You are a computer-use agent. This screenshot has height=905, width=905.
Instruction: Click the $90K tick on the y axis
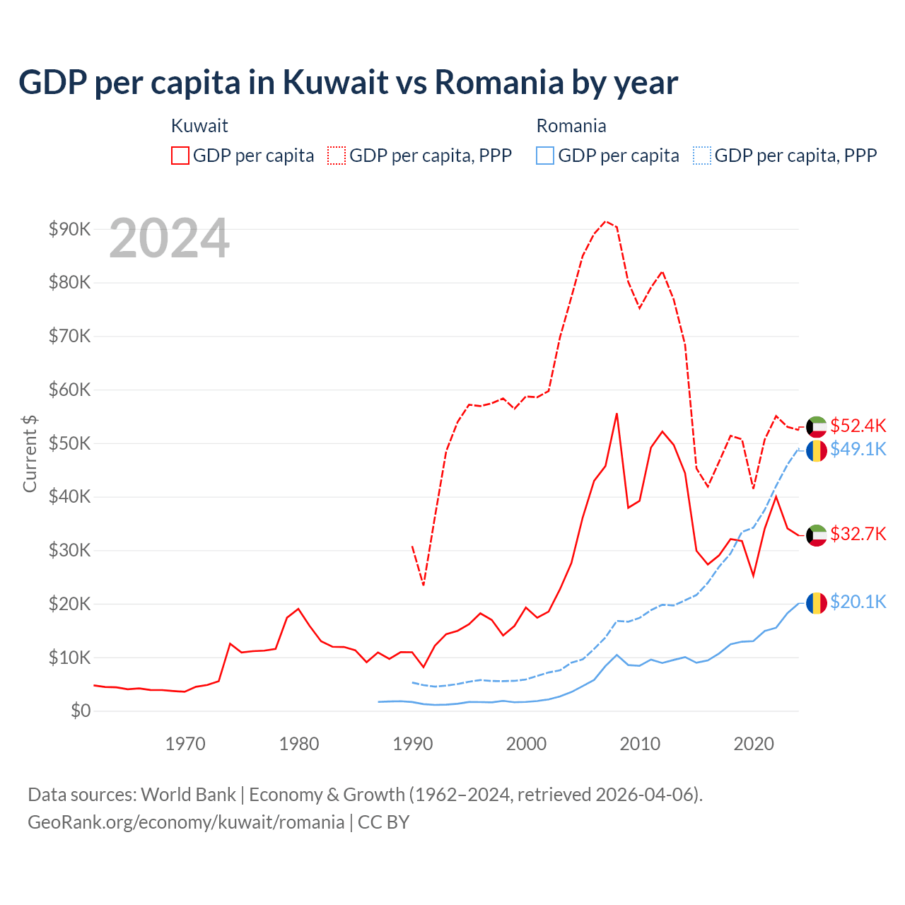coord(69,229)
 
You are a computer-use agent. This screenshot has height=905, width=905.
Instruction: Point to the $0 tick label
coord(80,711)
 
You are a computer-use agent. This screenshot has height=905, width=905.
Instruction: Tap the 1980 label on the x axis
coord(299,744)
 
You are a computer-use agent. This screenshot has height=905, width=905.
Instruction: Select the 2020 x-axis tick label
coord(754,744)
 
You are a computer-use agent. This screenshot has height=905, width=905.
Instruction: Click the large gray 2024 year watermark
coord(170,239)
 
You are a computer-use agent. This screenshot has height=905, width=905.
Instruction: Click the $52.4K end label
coord(858,426)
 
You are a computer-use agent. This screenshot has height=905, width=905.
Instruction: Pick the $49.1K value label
coord(858,449)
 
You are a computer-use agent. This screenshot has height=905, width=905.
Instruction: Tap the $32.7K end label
coord(858,534)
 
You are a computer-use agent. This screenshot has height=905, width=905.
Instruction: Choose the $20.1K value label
coord(858,602)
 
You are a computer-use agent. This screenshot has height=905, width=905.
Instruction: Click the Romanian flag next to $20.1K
coord(817,603)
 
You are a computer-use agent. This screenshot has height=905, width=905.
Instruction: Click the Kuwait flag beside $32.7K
coord(817,535)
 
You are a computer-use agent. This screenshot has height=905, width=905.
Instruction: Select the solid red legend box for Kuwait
coord(180,156)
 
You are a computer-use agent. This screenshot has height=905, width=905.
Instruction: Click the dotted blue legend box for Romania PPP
coord(701,156)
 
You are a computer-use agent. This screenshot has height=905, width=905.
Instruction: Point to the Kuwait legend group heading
coord(199,126)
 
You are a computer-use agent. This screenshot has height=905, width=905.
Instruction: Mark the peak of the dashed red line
coord(606,221)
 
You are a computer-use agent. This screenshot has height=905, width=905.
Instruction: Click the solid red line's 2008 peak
coord(617,414)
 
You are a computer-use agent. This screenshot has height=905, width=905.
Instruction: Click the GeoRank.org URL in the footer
coord(185,822)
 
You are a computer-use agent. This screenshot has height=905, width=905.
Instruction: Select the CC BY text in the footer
coord(383,822)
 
